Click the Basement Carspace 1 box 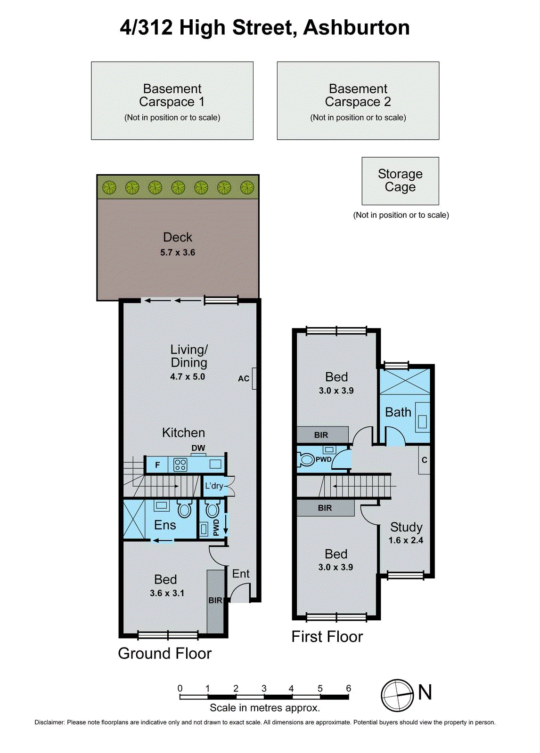point(172,101)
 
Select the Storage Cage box point(400,181)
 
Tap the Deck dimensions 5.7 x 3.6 point(178,253)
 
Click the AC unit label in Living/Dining point(244,378)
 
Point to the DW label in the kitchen point(198,448)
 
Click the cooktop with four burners point(180,465)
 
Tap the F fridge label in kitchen point(157,465)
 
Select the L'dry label point(213,486)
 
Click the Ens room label point(165,525)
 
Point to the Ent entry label point(241,574)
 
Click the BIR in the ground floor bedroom point(215,601)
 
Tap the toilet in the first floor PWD point(306,459)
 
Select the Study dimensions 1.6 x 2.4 point(406,541)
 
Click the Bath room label point(398,412)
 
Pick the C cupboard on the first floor point(424,460)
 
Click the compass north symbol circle point(397,696)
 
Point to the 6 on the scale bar point(349,689)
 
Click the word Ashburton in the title point(357,28)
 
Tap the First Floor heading point(327,637)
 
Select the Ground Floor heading point(164,654)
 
